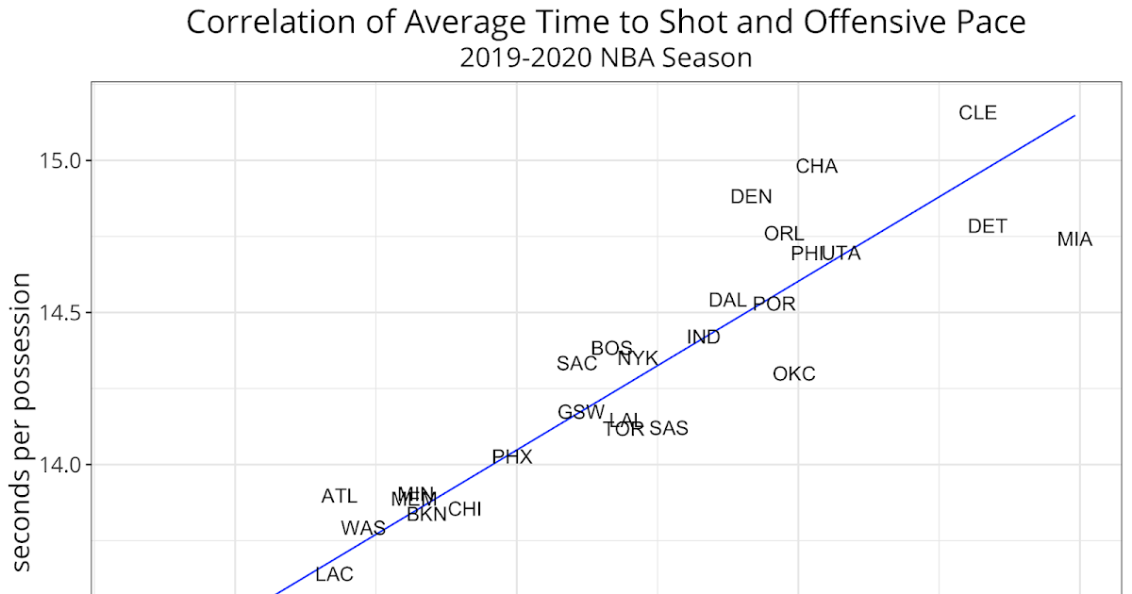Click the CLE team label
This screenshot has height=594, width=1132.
(977, 113)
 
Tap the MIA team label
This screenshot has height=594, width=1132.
(1074, 239)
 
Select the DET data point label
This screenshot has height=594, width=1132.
(987, 226)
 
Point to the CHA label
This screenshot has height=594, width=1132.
(817, 167)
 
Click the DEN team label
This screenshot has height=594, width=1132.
(751, 197)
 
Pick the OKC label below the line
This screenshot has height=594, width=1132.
(793, 374)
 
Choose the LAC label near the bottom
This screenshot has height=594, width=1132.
(334, 574)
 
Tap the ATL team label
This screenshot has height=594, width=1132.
(340, 496)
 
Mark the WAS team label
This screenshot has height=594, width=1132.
(363, 528)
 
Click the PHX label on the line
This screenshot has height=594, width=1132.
(512, 457)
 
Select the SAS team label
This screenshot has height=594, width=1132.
(669, 429)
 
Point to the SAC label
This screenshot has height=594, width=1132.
(576, 364)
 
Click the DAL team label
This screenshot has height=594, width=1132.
(727, 301)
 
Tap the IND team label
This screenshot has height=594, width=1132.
(704, 338)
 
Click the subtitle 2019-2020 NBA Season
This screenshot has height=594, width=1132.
(606, 58)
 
